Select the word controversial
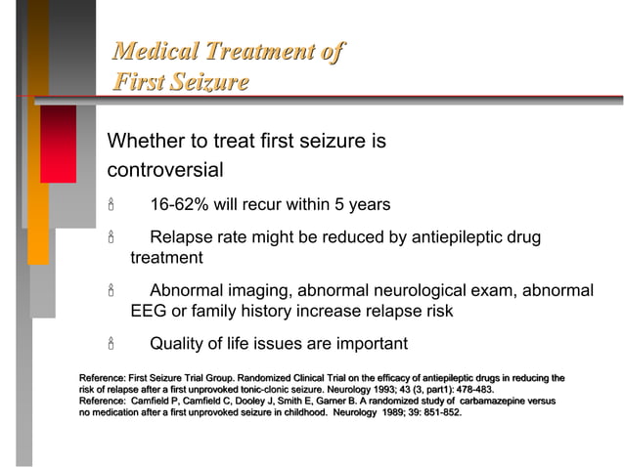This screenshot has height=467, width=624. coord(165,170)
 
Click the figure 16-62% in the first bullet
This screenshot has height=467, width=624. coord(185,205)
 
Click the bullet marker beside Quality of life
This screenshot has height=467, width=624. coord(111,344)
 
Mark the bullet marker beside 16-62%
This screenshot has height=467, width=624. coord(111,205)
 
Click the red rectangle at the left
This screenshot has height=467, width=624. coord(58,144)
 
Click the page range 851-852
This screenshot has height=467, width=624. coord(438,412)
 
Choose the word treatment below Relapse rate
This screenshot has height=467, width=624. coord(166,259)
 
